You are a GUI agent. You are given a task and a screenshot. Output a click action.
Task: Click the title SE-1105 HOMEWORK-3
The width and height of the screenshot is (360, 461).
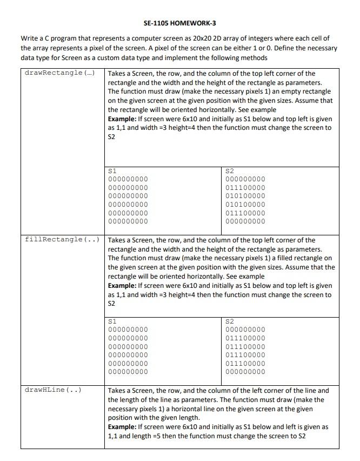click(180, 23)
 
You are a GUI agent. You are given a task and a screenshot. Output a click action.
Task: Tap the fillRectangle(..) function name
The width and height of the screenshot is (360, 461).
click(62, 239)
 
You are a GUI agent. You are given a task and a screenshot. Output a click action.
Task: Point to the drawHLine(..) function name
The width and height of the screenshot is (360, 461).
click(53, 390)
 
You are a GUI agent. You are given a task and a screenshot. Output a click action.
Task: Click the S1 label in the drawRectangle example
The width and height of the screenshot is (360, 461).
click(112, 170)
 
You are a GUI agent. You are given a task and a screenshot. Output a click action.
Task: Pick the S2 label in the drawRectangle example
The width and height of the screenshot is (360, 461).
click(229, 170)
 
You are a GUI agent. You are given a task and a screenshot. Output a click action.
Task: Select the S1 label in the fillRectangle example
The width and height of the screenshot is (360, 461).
click(112, 321)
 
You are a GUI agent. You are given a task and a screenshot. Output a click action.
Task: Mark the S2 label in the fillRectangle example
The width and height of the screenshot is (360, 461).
click(229, 321)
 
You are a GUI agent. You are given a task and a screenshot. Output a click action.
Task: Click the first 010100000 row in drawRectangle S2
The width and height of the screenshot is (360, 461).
click(245, 196)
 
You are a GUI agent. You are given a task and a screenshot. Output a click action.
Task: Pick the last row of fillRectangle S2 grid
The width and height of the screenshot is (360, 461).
click(245, 372)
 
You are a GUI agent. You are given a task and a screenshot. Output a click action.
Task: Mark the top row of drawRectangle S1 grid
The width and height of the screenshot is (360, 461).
click(128, 179)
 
